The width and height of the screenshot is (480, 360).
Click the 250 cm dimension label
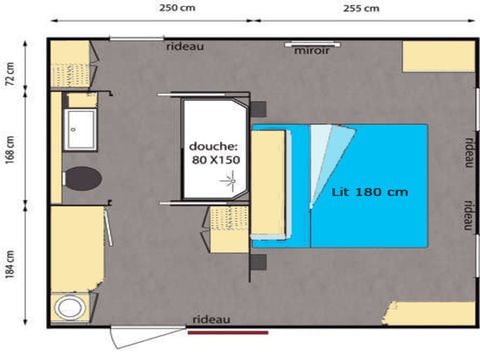tap(176, 8)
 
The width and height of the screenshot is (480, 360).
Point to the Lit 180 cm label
tap(358, 190)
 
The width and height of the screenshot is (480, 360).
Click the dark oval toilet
tap(82, 179)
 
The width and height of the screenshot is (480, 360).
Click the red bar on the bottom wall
tap(226, 330)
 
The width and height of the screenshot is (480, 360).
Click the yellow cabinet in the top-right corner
tap(436, 57)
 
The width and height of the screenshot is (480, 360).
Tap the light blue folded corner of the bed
tap(326, 150)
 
